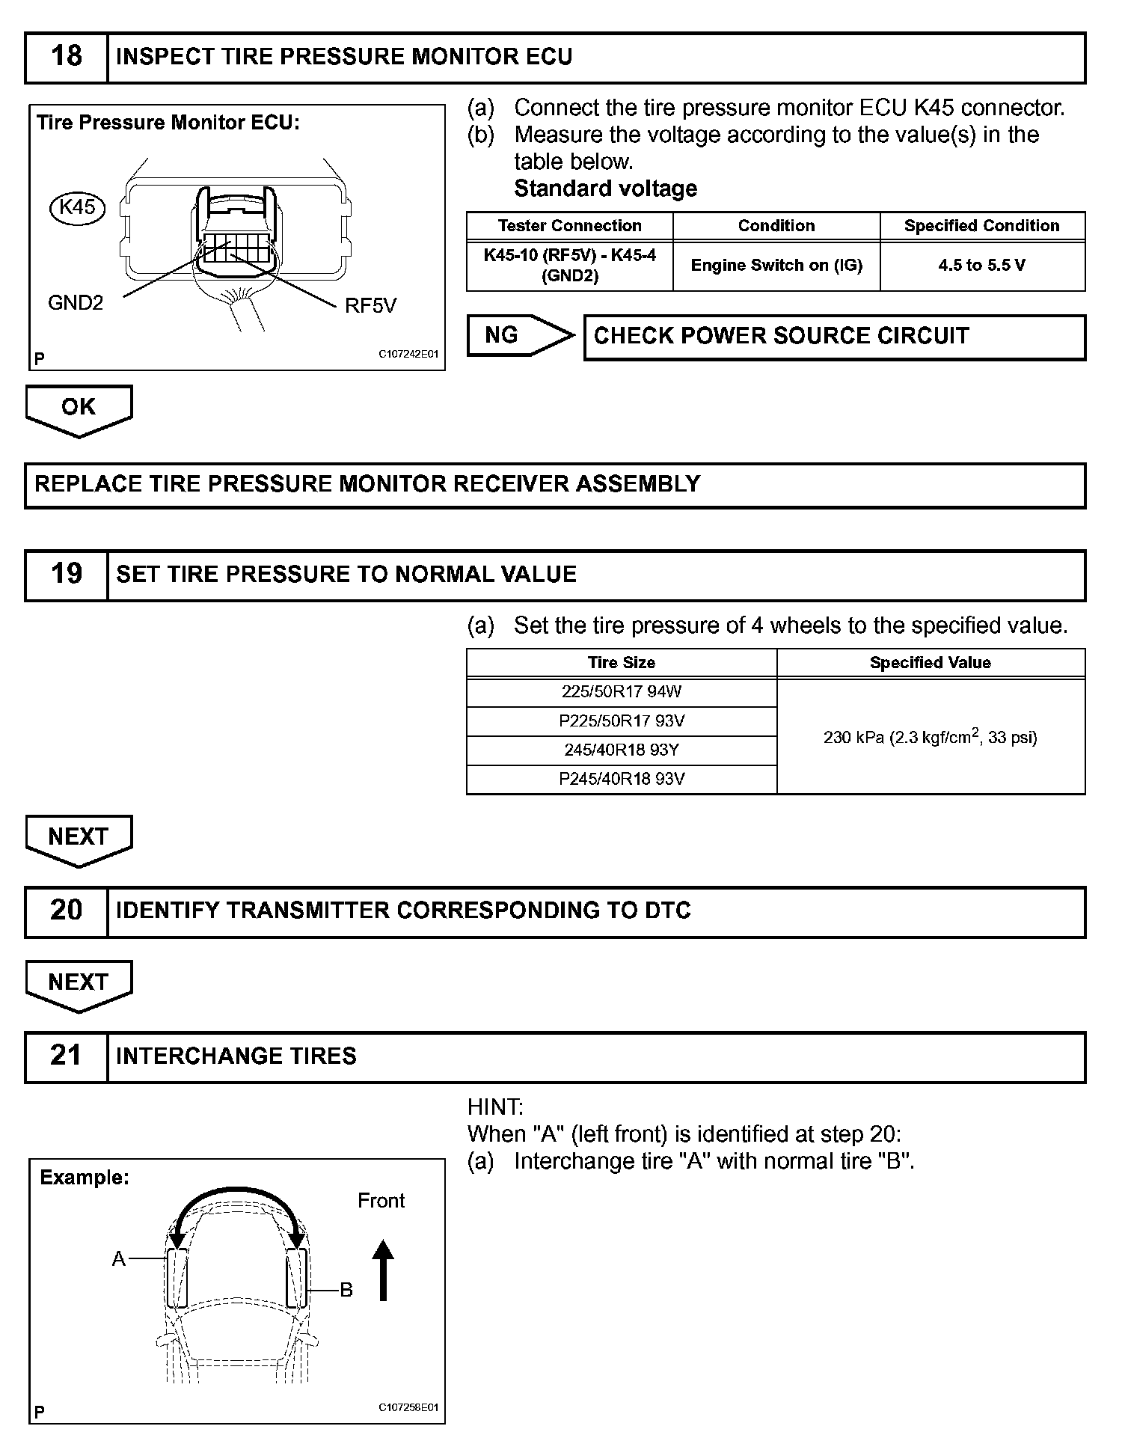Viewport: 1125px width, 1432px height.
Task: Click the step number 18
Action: tap(66, 57)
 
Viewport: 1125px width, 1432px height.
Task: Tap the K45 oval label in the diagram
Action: tap(77, 206)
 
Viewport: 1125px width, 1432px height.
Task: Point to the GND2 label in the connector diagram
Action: tap(76, 303)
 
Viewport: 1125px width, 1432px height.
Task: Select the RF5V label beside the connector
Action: tap(370, 306)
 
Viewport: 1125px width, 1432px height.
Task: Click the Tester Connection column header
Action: tap(569, 226)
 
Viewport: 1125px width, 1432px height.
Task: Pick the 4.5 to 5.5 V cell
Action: tap(981, 266)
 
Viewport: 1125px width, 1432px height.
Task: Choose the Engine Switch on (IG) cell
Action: tap(776, 266)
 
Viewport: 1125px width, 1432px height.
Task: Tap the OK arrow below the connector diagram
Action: tap(79, 409)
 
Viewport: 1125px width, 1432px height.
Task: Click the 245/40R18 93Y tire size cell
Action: tap(622, 750)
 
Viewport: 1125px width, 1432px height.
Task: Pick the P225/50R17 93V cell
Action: tap(622, 721)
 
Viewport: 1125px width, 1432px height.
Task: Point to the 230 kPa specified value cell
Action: tap(930, 737)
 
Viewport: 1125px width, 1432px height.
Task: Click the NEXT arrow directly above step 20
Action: tap(79, 837)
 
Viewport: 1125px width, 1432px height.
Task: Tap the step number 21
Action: tap(66, 1056)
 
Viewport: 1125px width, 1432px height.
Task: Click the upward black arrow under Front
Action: tap(383, 1270)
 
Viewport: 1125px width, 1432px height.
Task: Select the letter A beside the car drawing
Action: tap(118, 1260)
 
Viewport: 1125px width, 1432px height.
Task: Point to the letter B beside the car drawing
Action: tap(346, 1290)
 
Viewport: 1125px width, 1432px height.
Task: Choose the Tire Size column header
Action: tap(621, 663)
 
